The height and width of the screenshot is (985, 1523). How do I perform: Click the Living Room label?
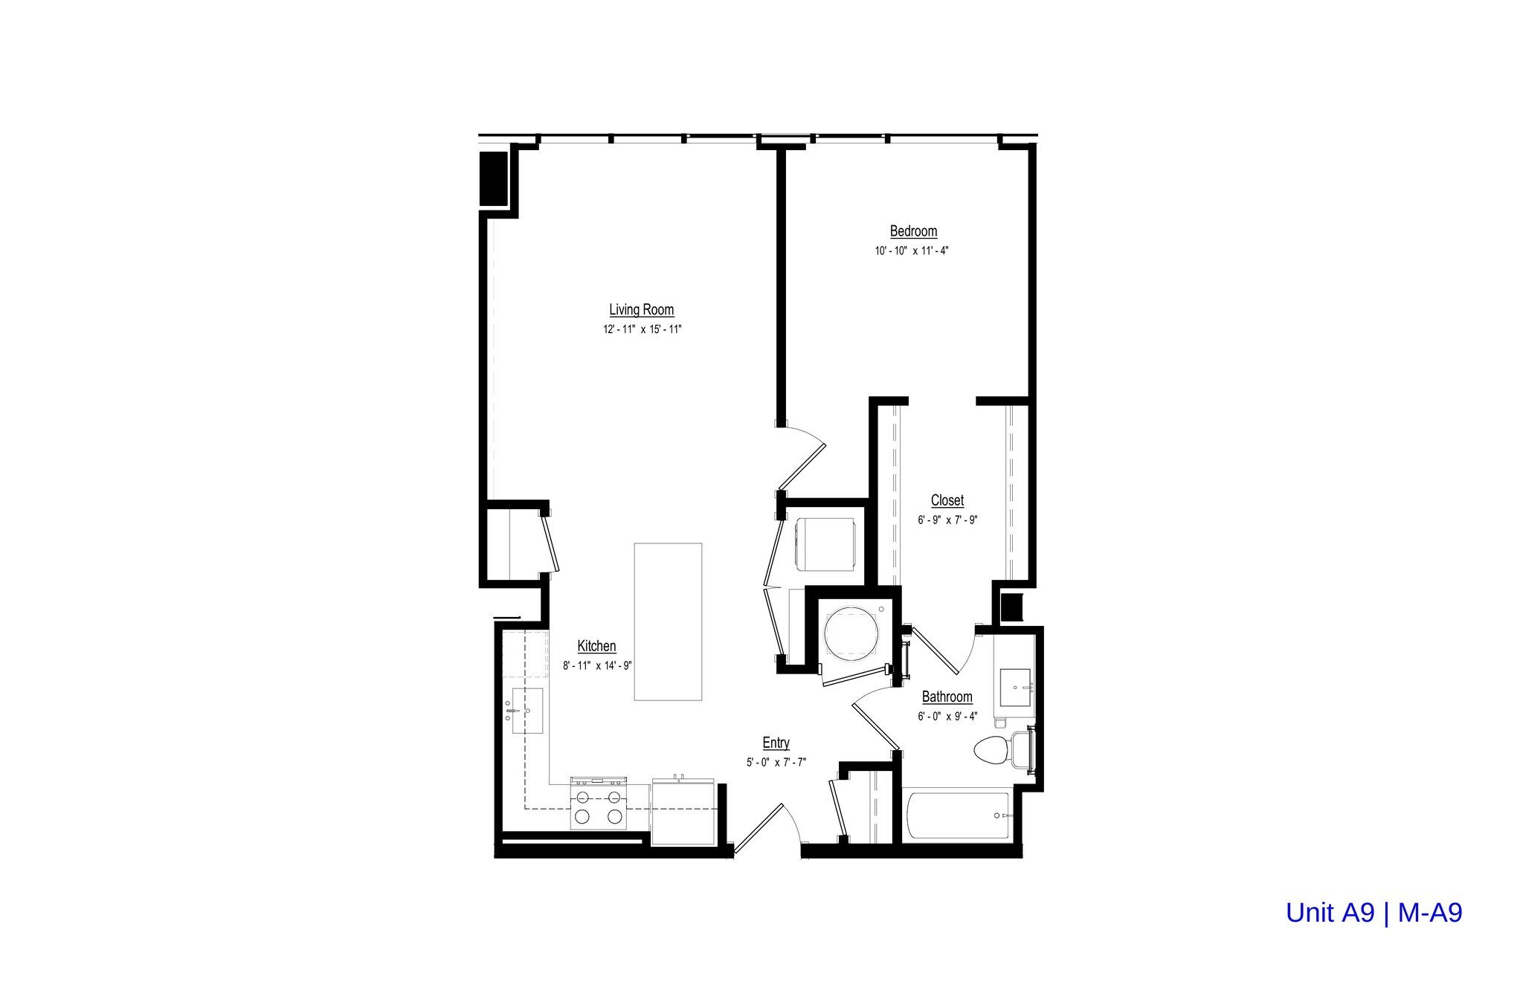[641, 310]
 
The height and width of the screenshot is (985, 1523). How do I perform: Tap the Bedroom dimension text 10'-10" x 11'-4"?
[912, 251]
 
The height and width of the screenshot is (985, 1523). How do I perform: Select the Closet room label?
[947, 500]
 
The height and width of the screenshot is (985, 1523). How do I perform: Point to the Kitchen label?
[596, 646]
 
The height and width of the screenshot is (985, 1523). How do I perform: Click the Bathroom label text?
[947, 697]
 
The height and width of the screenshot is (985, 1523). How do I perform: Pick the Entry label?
[776, 743]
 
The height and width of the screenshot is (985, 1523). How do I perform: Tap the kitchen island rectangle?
[667, 621]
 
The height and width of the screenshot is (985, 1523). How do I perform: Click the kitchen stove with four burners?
[598, 804]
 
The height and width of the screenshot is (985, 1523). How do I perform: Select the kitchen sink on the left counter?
[527, 711]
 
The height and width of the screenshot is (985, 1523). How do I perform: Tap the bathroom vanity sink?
[1015, 687]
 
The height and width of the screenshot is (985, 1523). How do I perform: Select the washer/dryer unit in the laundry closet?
[825, 543]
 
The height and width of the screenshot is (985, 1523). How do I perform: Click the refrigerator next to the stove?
[683, 812]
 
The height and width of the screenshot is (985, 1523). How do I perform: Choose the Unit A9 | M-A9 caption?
[1374, 913]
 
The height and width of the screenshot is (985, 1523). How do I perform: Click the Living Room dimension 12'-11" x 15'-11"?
[642, 329]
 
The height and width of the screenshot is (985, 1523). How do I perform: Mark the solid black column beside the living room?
[493, 178]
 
